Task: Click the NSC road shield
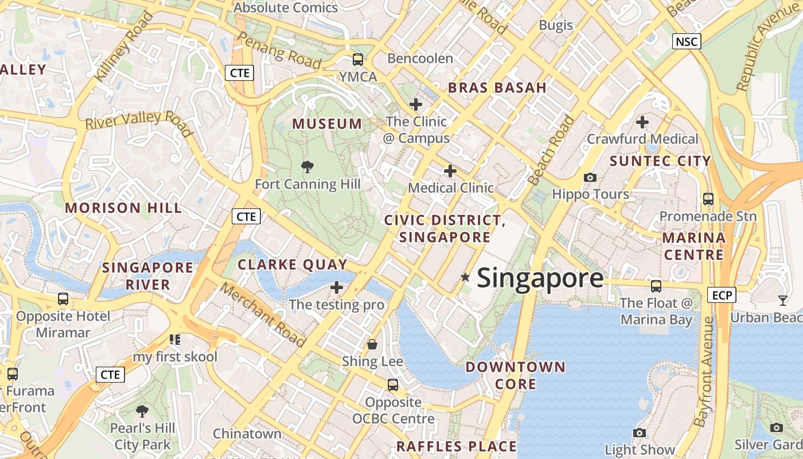point(687,41)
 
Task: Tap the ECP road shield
point(722,295)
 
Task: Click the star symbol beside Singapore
point(465,278)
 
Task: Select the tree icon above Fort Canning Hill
point(307,167)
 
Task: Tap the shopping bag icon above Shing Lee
point(372,344)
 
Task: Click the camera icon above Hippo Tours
point(590,178)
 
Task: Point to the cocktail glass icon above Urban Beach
point(782,300)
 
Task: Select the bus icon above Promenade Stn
point(708,199)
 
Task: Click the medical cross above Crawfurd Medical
point(642,122)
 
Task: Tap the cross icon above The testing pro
point(337,287)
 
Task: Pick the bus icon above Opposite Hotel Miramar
point(63,299)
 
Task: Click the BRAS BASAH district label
point(497,88)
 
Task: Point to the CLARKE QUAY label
point(293,264)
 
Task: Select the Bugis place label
point(556,25)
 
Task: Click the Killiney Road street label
point(124,45)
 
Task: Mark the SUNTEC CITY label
point(660,161)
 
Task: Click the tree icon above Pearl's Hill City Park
point(142,411)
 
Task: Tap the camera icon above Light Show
point(640,433)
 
